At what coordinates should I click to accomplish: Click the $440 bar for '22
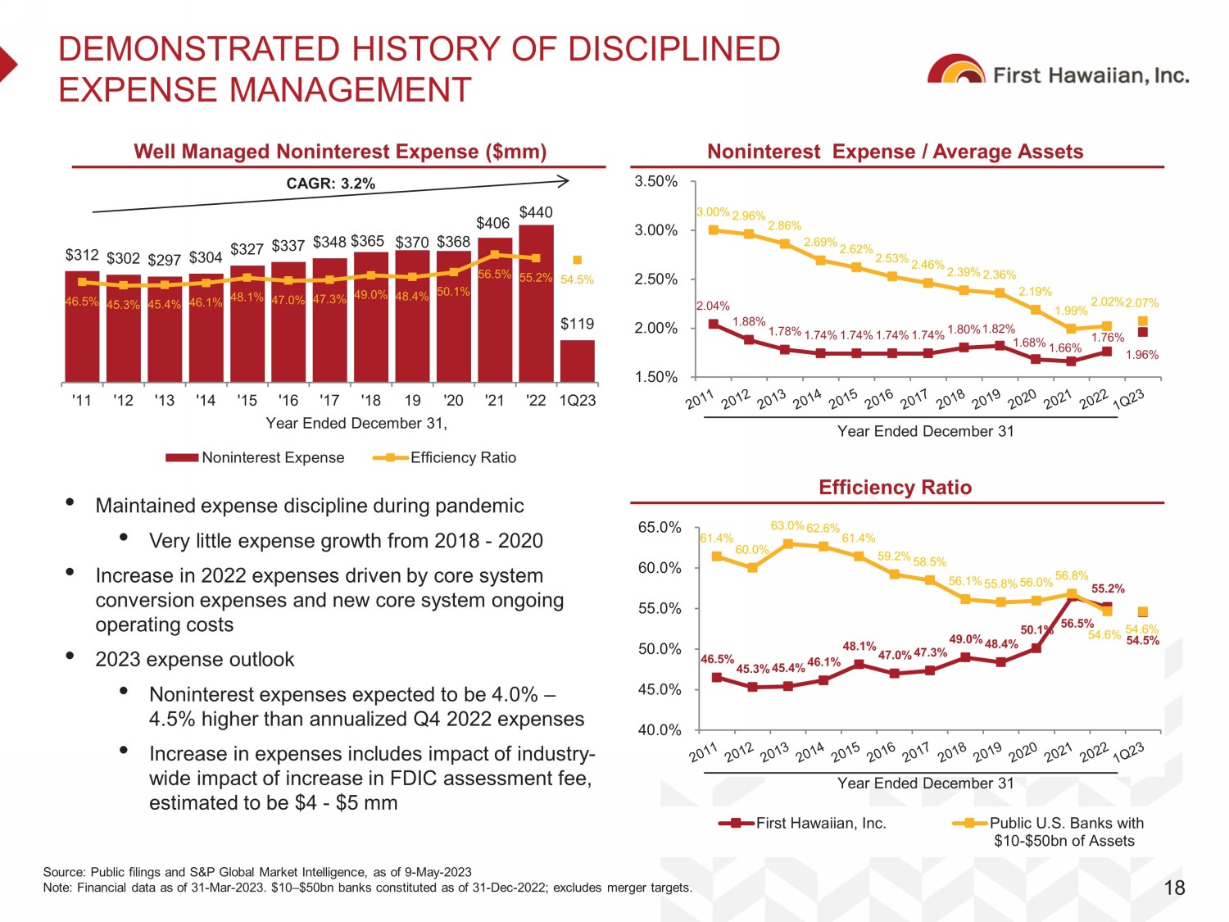tap(536, 303)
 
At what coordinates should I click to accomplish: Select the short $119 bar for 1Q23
tap(578, 361)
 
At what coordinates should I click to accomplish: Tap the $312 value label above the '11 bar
tap(82, 256)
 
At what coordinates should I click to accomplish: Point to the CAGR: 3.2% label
tap(330, 184)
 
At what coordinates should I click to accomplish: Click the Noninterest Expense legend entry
tap(255, 457)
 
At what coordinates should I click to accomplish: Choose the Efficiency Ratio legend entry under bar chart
tap(445, 457)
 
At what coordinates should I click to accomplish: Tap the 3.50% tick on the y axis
tap(655, 181)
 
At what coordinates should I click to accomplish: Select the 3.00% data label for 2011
tap(713, 212)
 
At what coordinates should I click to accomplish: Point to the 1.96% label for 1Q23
tap(1142, 355)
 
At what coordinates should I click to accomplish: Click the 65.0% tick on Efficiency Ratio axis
tap(660, 527)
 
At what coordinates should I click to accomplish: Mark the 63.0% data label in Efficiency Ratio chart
tap(787, 525)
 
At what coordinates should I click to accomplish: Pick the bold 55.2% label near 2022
tap(1108, 588)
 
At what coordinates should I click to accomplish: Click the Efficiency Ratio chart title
tap(895, 488)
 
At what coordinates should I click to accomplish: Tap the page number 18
tap(1174, 888)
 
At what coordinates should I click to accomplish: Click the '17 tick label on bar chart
tap(329, 400)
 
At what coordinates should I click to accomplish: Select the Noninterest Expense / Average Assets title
tap(895, 152)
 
